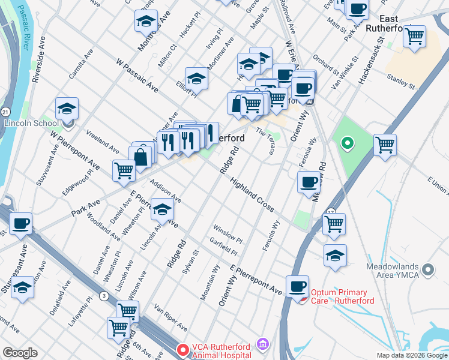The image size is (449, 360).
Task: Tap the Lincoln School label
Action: [x=32, y=123]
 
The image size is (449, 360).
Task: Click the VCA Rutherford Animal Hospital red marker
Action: [x=182, y=348]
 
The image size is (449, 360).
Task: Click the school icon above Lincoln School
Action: [x=67, y=109]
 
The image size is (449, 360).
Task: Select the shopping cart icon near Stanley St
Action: [x=414, y=37]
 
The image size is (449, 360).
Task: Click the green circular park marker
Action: [x=346, y=143]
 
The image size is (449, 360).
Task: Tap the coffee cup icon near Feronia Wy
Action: [x=309, y=181]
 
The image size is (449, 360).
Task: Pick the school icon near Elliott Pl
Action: [x=196, y=79]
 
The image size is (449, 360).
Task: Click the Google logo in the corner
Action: [x=20, y=353]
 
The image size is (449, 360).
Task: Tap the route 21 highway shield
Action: [x=5, y=112]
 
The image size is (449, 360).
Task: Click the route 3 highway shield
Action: [x=104, y=295]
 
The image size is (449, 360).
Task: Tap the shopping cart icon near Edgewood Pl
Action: [x=124, y=170]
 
